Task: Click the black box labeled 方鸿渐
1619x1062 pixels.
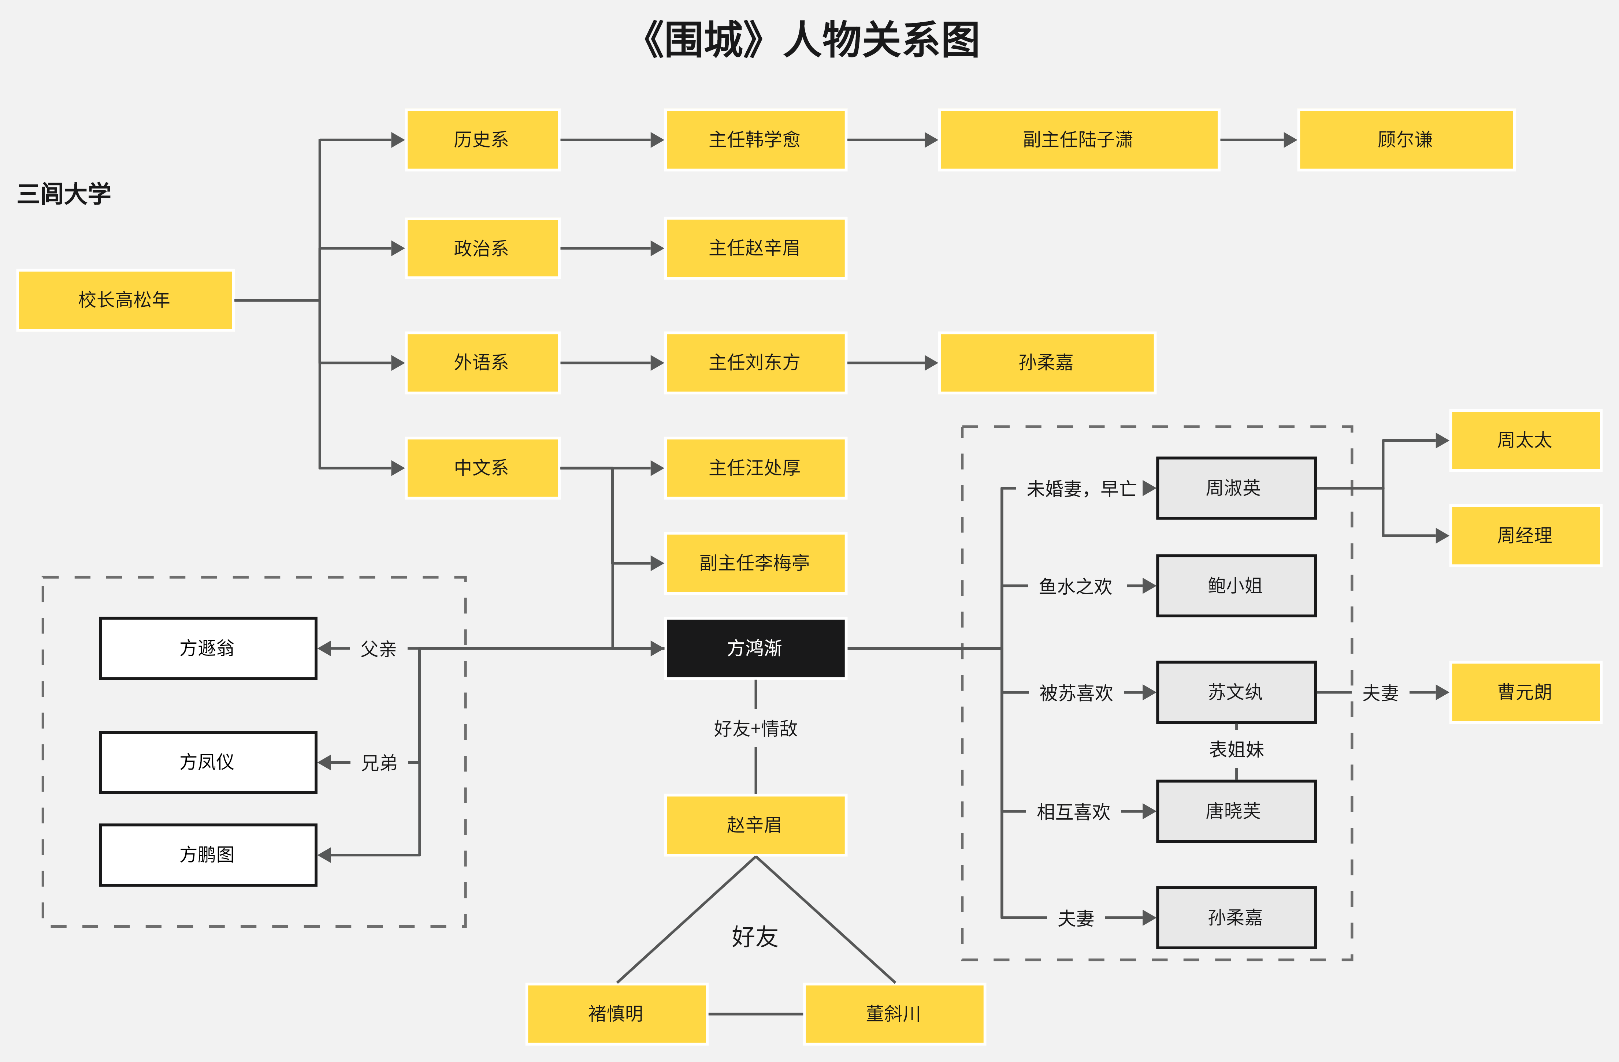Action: coord(755,648)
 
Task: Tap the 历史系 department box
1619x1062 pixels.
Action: coord(482,139)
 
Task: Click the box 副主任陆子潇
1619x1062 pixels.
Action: coord(1078,139)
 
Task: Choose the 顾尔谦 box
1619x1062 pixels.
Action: coord(1406,139)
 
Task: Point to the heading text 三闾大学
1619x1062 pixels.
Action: coord(64,194)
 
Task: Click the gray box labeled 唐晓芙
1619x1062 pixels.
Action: coord(1235,811)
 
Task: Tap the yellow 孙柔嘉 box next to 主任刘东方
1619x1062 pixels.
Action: coord(1046,362)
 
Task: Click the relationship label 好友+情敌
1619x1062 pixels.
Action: coord(755,728)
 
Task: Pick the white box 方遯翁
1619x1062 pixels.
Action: coord(208,648)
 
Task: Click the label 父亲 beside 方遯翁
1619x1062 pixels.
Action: coord(378,648)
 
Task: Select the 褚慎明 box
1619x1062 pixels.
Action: coord(616,1013)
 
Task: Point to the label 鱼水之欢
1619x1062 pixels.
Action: coord(1075,586)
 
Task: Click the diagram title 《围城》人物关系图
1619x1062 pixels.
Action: coord(809,40)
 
